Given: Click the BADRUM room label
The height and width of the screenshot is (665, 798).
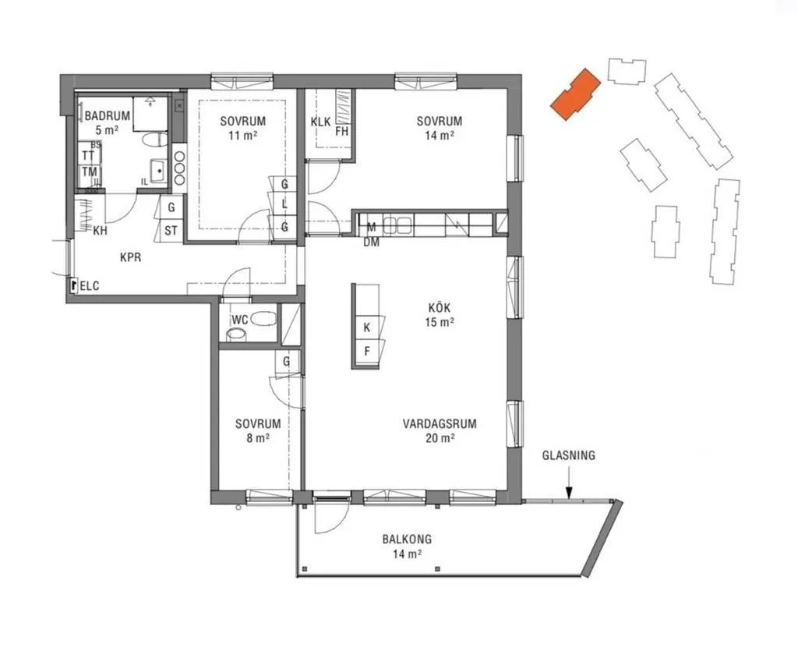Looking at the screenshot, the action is click(x=107, y=115).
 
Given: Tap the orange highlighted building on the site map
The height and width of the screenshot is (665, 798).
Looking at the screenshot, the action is click(x=576, y=94).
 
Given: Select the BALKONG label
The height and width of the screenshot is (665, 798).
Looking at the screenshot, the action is click(x=407, y=539).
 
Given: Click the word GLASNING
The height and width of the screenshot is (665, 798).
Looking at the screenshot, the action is click(x=568, y=455).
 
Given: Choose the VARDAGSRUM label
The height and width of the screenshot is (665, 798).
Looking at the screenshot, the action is click(x=440, y=423).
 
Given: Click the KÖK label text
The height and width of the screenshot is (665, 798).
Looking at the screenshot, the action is click(x=440, y=308).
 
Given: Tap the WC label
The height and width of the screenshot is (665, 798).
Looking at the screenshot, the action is click(x=240, y=320).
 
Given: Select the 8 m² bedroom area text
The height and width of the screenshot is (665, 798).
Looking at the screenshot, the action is click(x=258, y=438).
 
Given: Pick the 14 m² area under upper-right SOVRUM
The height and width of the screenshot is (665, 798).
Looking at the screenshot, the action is click(x=440, y=136).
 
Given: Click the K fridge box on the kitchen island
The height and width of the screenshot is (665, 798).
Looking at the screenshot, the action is click(x=367, y=327).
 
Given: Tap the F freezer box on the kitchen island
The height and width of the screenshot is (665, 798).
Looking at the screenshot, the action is click(x=367, y=351).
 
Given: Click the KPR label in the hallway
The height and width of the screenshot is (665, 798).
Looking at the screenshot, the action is click(x=131, y=257).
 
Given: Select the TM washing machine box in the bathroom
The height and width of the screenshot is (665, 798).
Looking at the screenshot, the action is click(x=90, y=172).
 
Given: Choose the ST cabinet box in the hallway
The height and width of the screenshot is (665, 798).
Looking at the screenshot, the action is click(x=171, y=231).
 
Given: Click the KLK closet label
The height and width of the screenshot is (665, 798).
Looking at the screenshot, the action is click(x=320, y=122).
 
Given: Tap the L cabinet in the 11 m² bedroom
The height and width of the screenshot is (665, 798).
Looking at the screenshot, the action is click(x=284, y=204).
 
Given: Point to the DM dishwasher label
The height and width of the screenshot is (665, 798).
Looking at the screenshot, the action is click(x=372, y=242).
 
